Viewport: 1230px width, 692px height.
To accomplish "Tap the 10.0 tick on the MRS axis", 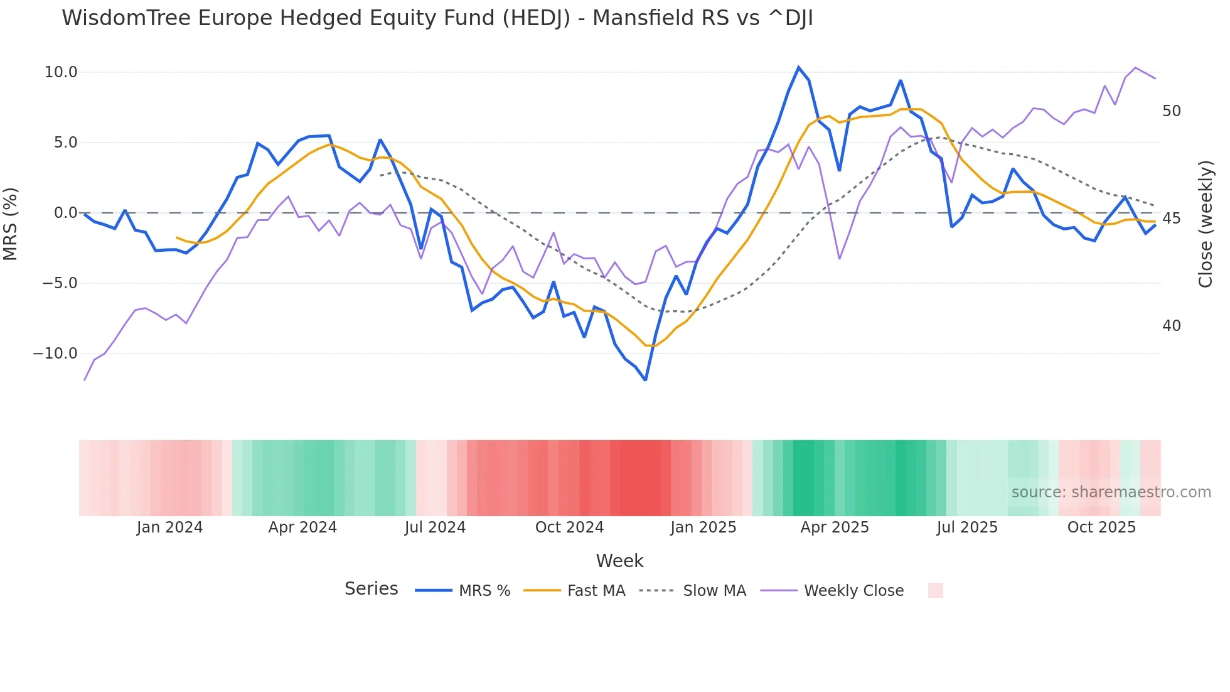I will click(x=61, y=72).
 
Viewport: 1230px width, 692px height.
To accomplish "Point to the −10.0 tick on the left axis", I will click(x=55, y=354).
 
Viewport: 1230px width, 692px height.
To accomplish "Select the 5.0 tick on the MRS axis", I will click(x=65, y=143).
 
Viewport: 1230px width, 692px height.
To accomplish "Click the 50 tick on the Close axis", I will click(x=1171, y=111).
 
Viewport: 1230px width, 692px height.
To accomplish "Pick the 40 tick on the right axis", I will click(x=1171, y=326).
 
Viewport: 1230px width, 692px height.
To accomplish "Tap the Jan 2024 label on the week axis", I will click(x=169, y=527).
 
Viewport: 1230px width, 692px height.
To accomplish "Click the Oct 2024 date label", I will click(x=569, y=527).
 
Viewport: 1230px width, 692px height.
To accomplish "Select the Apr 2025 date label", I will click(x=835, y=527).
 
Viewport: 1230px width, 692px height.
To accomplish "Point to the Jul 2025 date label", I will click(x=967, y=527).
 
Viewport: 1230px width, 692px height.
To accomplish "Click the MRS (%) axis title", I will click(x=11, y=224).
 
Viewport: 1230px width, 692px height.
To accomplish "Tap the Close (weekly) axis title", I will click(x=1205, y=224).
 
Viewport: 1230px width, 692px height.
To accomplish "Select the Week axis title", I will click(x=619, y=561).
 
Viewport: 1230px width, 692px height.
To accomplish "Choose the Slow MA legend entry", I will click(x=714, y=591).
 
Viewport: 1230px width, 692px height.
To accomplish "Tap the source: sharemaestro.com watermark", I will click(x=1111, y=492).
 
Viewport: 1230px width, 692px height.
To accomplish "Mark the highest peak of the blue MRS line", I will click(x=799, y=67).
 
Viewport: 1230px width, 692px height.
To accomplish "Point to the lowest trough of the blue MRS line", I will click(x=645, y=380).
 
